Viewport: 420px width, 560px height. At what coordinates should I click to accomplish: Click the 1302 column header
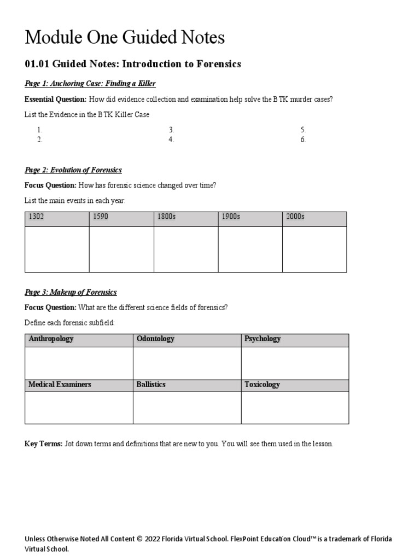pyautogui.click(x=37, y=217)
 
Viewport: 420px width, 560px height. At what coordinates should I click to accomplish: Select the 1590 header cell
pyautogui.click(x=101, y=217)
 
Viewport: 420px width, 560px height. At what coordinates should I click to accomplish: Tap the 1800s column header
pyautogui.click(x=166, y=217)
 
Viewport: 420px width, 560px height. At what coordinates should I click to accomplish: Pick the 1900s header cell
pyautogui.click(x=231, y=217)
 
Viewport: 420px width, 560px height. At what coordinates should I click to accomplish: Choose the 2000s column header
pyautogui.click(x=295, y=217)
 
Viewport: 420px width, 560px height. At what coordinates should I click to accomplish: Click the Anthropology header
pyautogui.click(x=51, y=339)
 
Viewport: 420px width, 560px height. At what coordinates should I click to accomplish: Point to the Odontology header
pyautogui.click(x=156, y=339)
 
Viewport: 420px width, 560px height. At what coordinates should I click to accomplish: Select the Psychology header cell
pyautogui.click(x=262, y=339)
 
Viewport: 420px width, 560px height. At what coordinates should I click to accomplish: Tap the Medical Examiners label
pyautogui.click(x=60, y=384)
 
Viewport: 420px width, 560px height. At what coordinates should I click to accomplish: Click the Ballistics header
pyautogui.click(x=151, y=384)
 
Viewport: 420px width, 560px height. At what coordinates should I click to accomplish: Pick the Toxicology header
pyautogui.click(x=262, y=384)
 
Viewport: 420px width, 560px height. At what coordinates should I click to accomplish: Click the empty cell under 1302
pyautogui.click(x=57, y=249)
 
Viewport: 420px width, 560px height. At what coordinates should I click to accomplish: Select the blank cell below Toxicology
pyautogui.click(x=295, y=407)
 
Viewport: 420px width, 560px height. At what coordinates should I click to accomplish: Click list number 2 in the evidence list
pyautogui.click(x=39, y=139)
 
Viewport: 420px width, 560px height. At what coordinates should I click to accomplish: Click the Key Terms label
pyautogui.click(x=44, y=444)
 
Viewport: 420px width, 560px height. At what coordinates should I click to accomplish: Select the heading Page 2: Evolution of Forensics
pyautogui.click(x=73, y=170)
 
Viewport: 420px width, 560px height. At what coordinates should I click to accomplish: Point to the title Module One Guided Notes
pyautogui.click(x=125, y=37)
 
